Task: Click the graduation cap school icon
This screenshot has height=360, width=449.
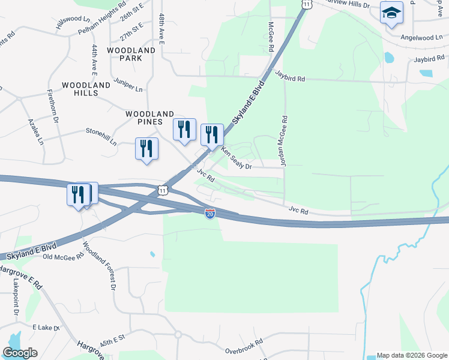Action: (391, 13)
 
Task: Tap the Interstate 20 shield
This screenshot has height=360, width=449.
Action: (209, 214)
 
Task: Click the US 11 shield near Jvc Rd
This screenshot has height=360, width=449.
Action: (163, 190)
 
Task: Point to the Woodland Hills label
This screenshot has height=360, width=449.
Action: (86, 89)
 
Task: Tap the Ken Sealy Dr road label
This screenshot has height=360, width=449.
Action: (235, 159)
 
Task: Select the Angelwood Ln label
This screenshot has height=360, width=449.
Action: (421, 37)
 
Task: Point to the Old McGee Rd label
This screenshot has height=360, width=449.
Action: (63, 257)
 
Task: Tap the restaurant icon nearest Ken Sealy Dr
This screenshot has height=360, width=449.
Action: (211, 134)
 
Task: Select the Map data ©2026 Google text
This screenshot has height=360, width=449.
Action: (411, 355)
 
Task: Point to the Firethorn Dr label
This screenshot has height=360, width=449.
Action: (53, 107)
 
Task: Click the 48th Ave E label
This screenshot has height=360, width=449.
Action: (161, 29)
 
